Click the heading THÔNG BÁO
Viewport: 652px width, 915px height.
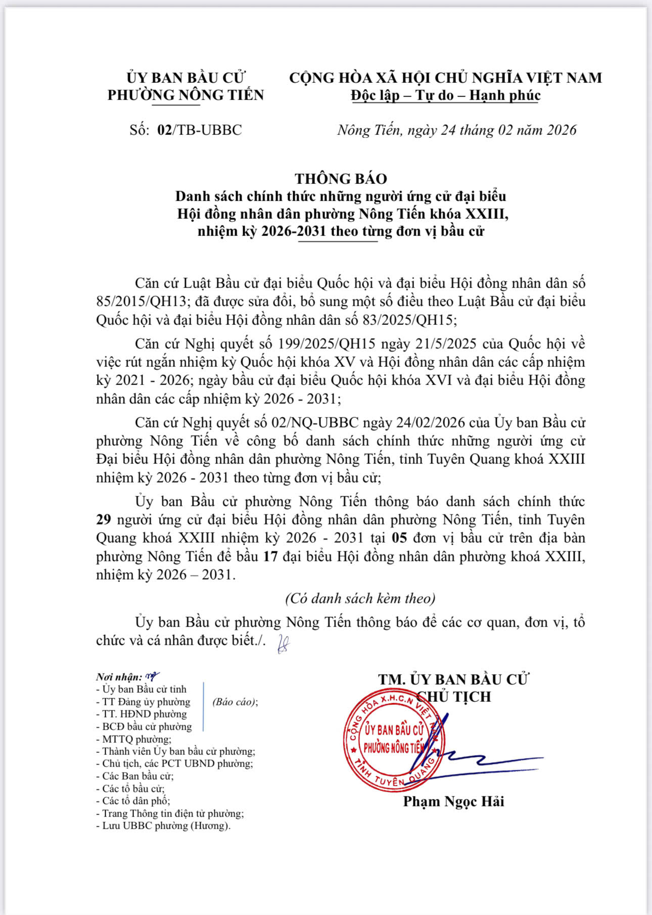[x=341, y=178]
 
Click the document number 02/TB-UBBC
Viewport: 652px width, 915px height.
[x=200, y=130]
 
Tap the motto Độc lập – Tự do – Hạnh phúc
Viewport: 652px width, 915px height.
[x=446, y=95]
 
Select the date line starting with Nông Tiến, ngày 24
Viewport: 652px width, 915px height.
[x=456, y=130]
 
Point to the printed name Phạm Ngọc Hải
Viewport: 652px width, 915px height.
[x=453, y=801]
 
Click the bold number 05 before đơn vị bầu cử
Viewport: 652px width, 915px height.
[x=399, y=538]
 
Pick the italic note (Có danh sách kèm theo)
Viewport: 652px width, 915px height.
[x=360, y=599]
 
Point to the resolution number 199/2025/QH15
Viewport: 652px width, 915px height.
[x=327, y=344]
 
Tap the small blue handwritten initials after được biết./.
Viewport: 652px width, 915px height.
[x=284, y=644]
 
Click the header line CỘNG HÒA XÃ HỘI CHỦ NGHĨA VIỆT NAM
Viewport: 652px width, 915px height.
[x=445, y=78]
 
